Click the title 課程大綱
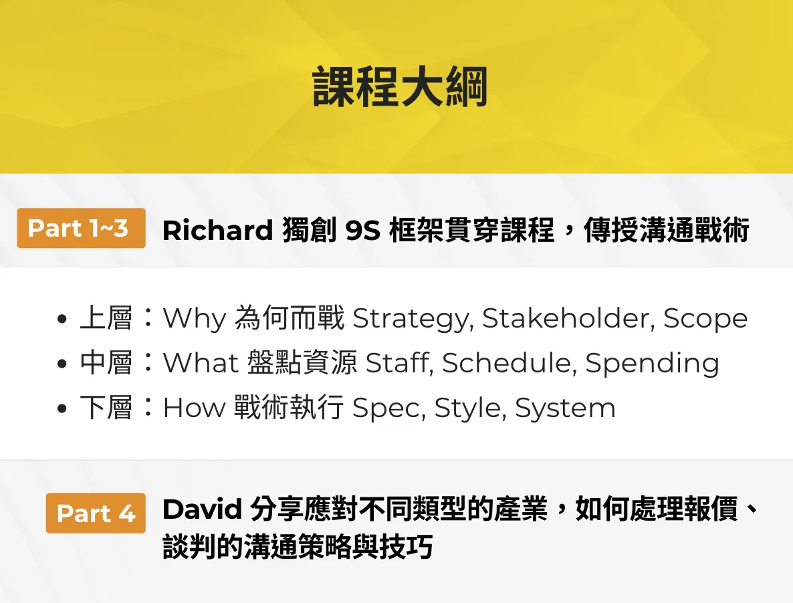400,87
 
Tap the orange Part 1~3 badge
81,228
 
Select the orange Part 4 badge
96,513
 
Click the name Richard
218,230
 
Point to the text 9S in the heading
362,231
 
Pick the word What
201,362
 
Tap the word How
194,407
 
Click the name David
203,509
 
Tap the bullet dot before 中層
62,364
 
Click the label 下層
106,407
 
